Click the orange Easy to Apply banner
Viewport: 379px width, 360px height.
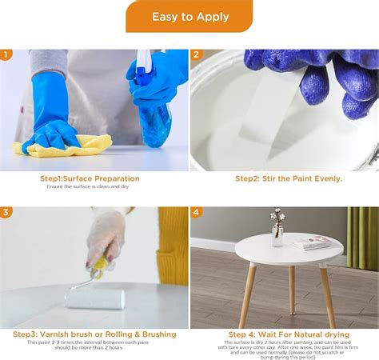click(189, 16)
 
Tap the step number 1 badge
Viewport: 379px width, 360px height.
click(6, 55)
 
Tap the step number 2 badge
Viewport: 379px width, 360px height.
click(196, 55)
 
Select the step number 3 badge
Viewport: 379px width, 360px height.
click(6, 213)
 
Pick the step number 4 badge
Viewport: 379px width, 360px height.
click(196, 213)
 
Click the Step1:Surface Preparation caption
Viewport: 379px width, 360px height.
click(90, 178)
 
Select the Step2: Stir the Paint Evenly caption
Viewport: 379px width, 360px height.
click(288, 178)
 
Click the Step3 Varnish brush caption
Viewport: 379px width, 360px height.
click(94, 334)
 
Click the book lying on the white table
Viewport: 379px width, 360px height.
click(310, 242)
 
